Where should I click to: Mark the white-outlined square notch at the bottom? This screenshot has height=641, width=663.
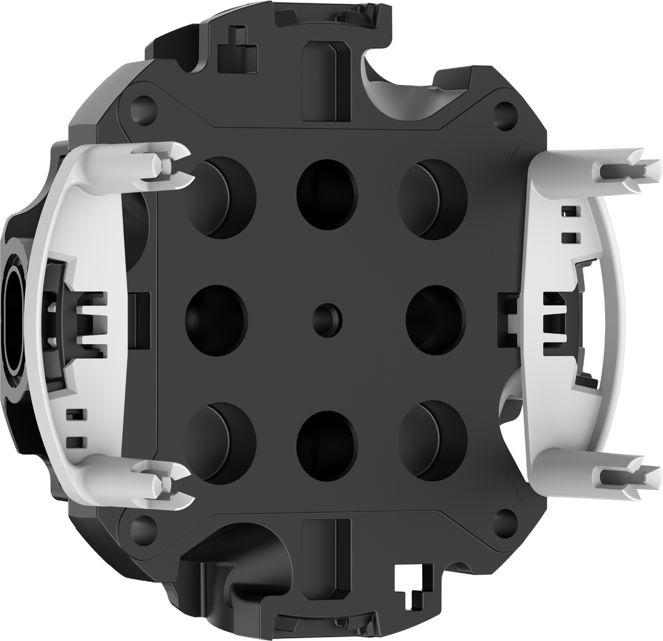pyautogui.click(x=410, y=580)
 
